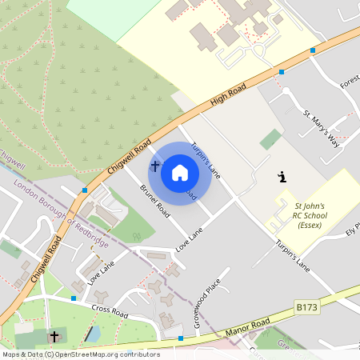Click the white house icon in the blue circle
click(180, 173)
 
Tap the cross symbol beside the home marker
click(154, 166)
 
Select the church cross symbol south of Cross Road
click(54, 336)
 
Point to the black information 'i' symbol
click(281, 176)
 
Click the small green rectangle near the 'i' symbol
click(271, 139)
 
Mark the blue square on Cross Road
click(74, 298)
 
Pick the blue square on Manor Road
click(181, 338)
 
